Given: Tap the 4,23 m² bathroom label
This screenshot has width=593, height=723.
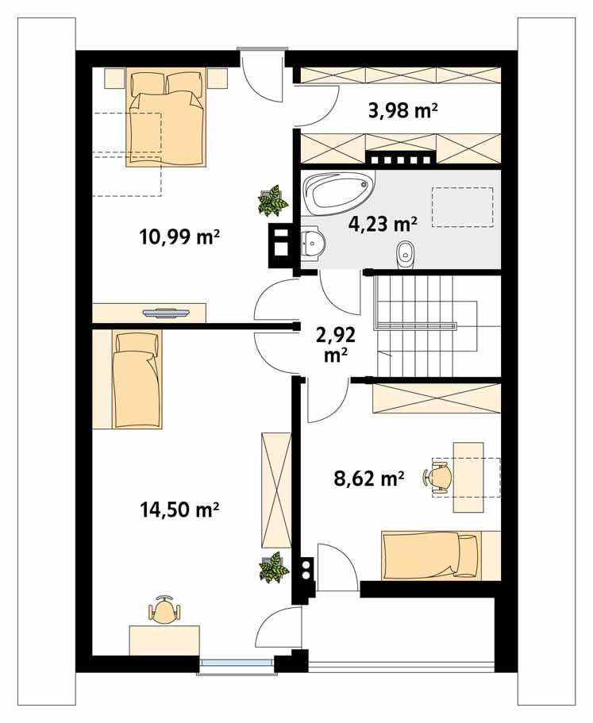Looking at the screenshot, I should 382,224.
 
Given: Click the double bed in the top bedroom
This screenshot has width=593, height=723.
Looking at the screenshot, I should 166,119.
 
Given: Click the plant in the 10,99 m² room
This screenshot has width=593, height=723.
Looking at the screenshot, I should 272,201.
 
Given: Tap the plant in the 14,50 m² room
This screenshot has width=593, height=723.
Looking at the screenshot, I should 272,567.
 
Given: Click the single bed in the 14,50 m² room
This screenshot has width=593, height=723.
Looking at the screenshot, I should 137,379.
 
